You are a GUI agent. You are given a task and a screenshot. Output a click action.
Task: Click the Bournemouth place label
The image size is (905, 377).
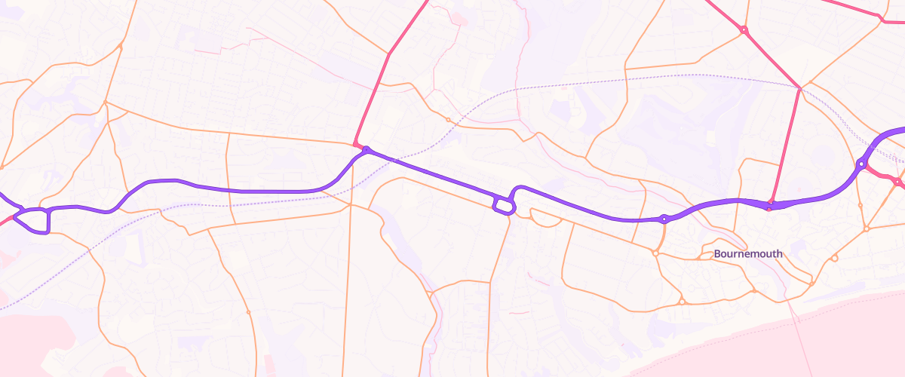(748, 254)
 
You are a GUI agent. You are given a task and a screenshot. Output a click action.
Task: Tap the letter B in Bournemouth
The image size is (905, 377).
(717, 254)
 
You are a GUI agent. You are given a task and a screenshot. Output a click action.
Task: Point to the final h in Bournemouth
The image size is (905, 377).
(779, 254)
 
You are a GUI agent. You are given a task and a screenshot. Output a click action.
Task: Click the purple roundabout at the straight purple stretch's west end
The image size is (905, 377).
(367, 150)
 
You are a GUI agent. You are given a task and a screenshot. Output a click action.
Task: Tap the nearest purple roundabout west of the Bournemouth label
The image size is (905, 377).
(664, 219)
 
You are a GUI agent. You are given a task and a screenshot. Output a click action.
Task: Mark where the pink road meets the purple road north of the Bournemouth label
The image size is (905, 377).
(770, 204)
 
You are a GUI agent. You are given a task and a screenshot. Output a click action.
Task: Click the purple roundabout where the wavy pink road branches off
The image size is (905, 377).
(861, 163)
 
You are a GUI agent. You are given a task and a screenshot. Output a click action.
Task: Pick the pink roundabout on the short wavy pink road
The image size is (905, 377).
(897, 182)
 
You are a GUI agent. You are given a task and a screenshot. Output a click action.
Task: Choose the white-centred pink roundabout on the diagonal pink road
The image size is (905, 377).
(744, 30)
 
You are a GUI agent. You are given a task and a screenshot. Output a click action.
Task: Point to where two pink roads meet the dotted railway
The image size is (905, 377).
(799, 87)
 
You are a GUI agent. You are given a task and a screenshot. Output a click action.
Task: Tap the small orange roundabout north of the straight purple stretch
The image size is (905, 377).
(448, 120)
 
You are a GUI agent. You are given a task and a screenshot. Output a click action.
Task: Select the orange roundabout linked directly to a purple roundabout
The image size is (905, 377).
(656, 253)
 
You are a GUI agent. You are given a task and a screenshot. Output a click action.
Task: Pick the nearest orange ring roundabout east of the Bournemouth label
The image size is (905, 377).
(834, 259)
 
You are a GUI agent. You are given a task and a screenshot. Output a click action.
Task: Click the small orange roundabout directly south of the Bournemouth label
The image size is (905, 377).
(753, 291)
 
